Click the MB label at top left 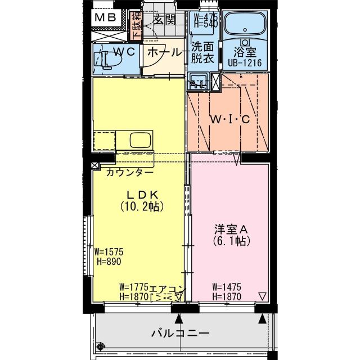[105, 17]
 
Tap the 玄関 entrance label [163, 19]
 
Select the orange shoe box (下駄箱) [136, 27]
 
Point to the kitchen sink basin [141, 139]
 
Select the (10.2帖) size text [142, 206]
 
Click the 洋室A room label [231, 229]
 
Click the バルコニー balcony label [180, 333]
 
